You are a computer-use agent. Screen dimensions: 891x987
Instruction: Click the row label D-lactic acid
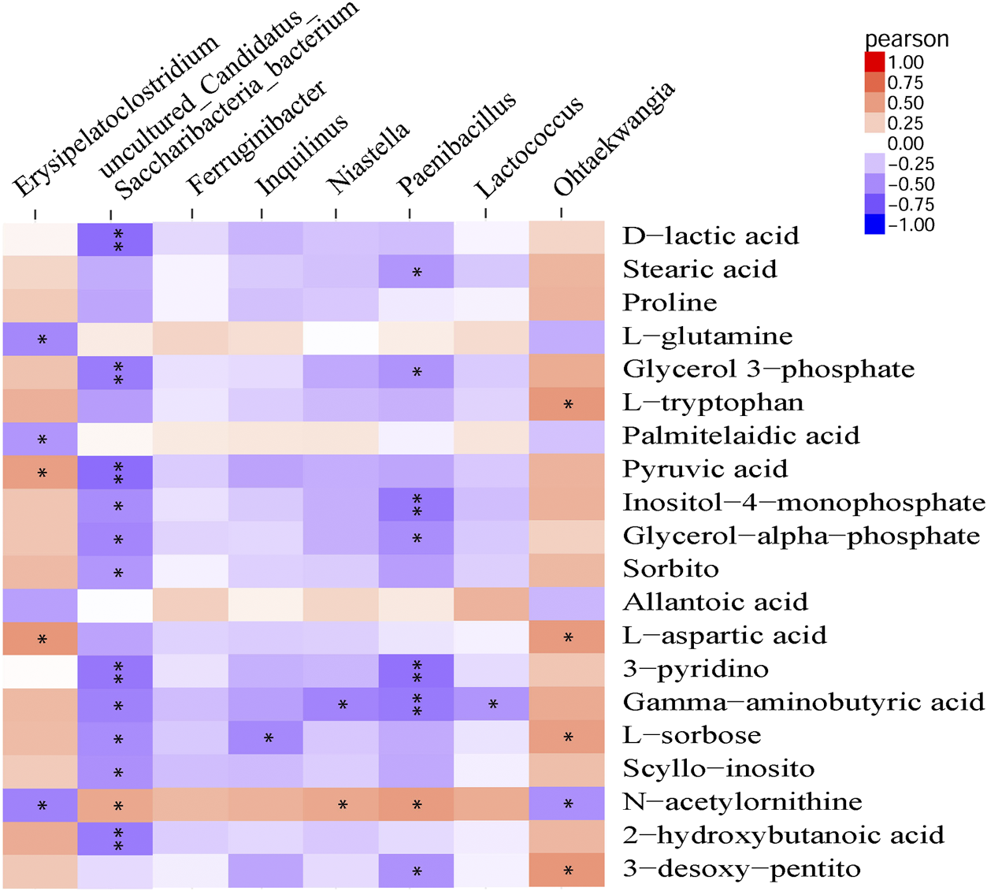click(x=711, y=236)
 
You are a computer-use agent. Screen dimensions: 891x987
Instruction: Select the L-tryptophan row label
click(x=713, y=403)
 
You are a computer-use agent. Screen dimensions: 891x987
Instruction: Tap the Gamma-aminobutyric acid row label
click(x=803, y=702)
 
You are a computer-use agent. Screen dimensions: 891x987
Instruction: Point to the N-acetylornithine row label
click(x=742, y=802)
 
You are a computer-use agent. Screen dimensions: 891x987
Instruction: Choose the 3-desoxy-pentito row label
click(x=741, y=869)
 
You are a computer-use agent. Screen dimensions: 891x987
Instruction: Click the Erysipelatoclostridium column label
click(x=116, y=117)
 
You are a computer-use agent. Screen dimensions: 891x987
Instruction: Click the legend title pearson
click(x=906, y=39)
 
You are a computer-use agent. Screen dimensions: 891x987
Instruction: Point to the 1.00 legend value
click(x=905, y=62)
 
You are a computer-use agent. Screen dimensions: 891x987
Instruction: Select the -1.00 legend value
click(x=911, y=225)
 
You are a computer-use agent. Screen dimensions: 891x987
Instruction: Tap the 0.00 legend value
click(x=905, y=143)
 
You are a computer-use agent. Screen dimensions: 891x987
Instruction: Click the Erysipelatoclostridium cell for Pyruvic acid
click(x=40, y=472)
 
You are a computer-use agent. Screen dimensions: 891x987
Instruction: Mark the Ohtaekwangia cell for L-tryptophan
click(x=567, y=404)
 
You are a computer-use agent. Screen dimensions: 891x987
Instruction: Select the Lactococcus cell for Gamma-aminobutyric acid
click(x=492, y=704)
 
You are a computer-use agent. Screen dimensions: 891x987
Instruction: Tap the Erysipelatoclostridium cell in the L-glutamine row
click(x=40, y=339)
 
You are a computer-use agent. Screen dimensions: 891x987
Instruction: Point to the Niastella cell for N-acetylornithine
click(x=341, y=804)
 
